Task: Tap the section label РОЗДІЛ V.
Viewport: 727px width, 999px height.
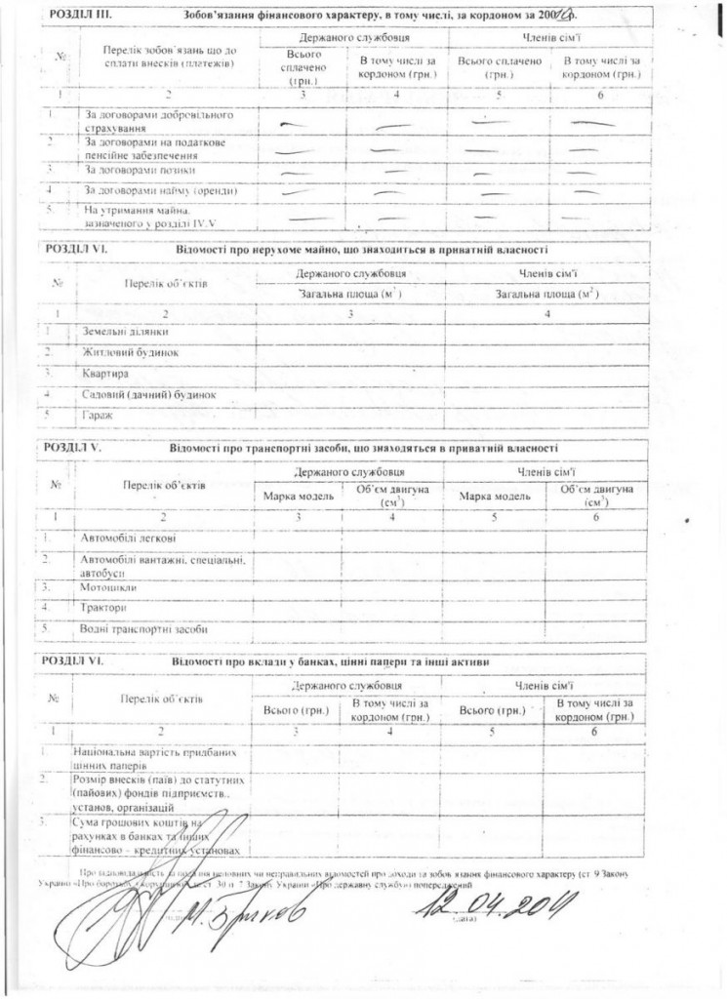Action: click(x=73, y=447)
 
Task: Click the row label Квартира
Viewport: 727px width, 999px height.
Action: click(x=105, y=373)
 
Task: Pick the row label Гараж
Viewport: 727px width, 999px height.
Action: click(x=99, y=415)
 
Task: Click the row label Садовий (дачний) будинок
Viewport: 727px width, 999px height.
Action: click(x=149, y=394)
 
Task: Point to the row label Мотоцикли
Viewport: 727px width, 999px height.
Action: click(x=110, y=588)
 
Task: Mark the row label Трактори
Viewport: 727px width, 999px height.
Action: click(x=104, y=608)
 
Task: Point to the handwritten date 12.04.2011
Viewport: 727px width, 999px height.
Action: click(x=493, y=911)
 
